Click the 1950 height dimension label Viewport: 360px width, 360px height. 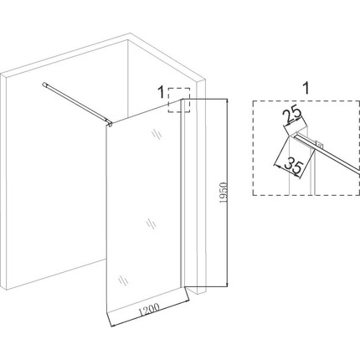point(224,193)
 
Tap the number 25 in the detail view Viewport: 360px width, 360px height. point(291,116)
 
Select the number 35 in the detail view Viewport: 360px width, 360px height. point(293,166)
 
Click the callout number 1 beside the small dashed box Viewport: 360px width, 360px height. point(161,92)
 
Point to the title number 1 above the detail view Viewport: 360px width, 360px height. point(306,89)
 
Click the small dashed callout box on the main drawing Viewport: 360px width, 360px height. point(179,100)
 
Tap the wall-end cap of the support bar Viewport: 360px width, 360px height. point(44,85)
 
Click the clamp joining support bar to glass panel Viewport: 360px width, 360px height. point(110,122)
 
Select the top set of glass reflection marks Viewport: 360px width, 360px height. point(157,135)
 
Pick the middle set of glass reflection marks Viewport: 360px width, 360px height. point(152,224)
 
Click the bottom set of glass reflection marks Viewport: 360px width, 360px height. point(123,280)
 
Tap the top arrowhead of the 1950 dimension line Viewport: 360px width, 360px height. point(228,101)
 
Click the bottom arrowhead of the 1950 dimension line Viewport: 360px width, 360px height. point(228,284)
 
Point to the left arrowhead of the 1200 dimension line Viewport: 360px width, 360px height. point(113,325)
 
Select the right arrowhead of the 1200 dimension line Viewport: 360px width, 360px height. point(187,301)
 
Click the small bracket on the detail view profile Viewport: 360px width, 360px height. point(319,144)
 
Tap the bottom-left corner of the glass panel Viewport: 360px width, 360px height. point(107,311)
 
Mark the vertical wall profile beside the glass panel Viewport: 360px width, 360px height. point(183,193)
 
